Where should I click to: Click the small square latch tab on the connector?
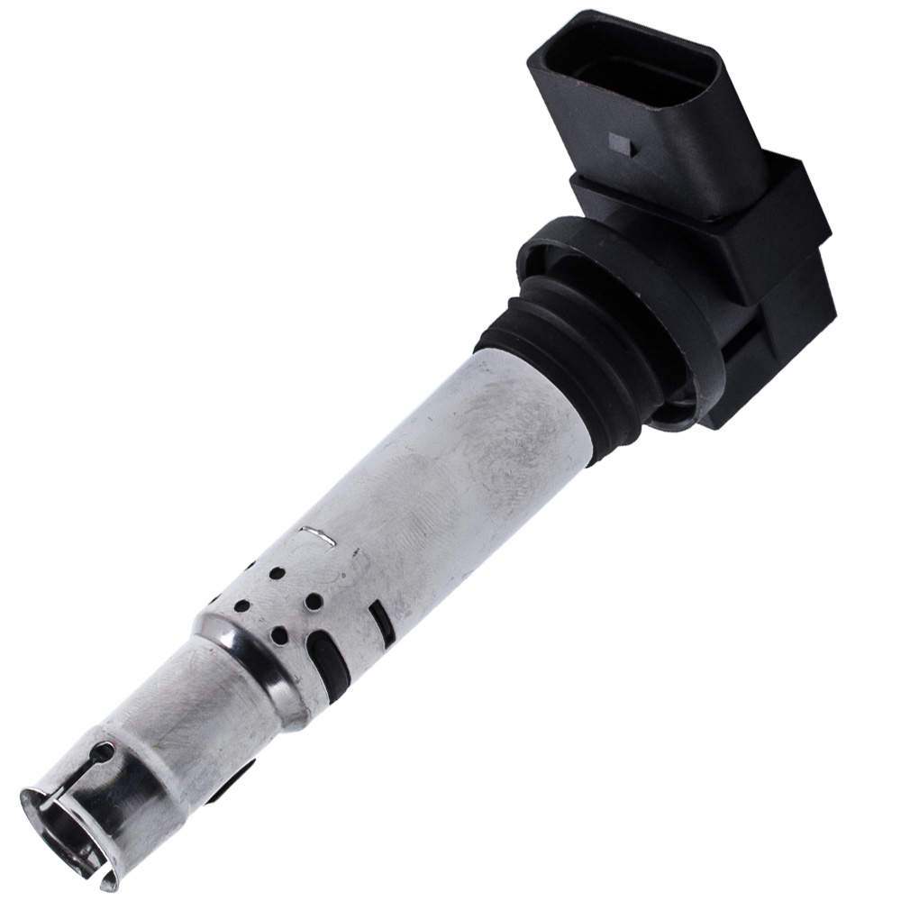tap(620, 141)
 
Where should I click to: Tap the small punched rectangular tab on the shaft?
tap(318, 535)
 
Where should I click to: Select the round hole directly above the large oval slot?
tap(313, 600)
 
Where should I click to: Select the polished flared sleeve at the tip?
tap(90, 811)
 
